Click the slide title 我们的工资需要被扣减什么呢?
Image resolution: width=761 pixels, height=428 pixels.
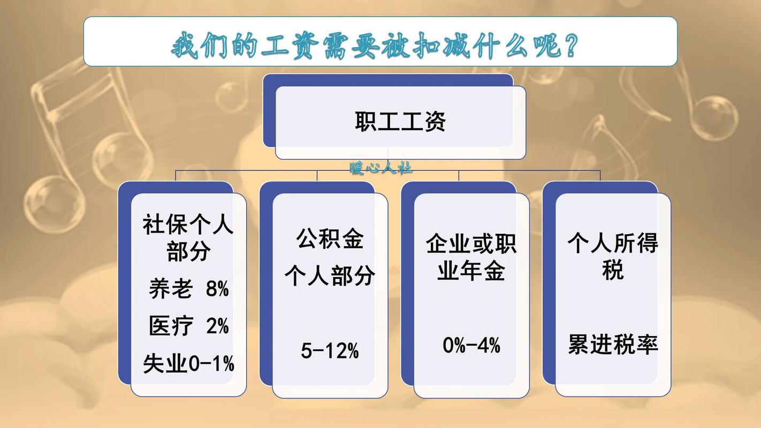[375, 45]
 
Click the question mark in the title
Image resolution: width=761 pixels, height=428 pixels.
[569, 45]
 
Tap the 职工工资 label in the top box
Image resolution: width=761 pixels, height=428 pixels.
[400, 121]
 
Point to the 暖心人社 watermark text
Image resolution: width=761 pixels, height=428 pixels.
[380, 168]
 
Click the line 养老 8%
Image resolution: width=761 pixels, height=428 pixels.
[188, 289]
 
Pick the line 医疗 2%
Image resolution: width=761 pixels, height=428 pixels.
[188, 326]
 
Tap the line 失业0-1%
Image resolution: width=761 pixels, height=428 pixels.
[188, 364]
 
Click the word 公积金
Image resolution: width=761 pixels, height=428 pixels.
[330, 239]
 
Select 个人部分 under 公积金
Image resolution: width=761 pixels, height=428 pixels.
[330, 276]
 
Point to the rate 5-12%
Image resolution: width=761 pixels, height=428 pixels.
[330, 351]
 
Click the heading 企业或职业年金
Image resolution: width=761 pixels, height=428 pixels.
[471, 258]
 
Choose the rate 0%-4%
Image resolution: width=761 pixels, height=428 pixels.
[471, 345]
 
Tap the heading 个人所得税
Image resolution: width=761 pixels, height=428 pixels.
[613, 257]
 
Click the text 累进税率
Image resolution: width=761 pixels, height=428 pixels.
[613, 345]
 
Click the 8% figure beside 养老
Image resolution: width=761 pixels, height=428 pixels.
[217, 289]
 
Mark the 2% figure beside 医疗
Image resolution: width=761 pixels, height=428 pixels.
[217, 326]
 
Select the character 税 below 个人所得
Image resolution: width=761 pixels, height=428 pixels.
[613, 270]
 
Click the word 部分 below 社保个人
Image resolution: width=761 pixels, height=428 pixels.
[188, 251]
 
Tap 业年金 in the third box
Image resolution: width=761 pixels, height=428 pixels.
[471, 272]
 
